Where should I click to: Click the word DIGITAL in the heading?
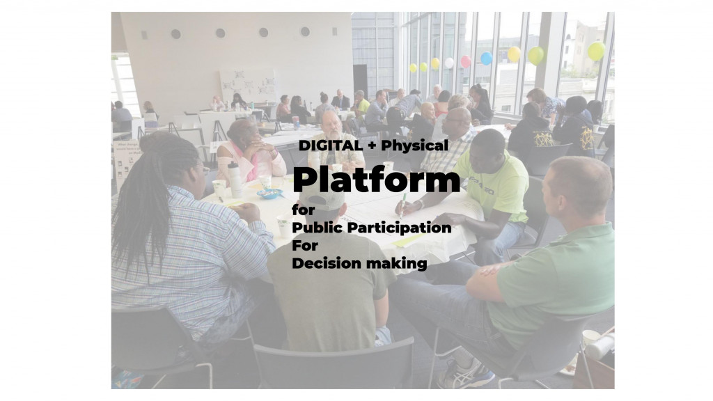[x=330, y=146]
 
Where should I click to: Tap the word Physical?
[x=414, y=146]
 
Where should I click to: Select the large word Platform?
[x=377, y=180]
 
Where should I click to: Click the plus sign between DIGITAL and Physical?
[x=372, y=146]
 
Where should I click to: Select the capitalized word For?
[x=305, y=246]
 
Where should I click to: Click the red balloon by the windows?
[x=466, y=61]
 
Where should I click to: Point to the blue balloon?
[x=487, y=58]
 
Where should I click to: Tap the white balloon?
[x=449, y=63]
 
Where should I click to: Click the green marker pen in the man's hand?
[x=403, y=205]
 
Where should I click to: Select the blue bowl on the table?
[x=269, y=194]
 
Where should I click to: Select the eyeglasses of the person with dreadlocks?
[x=204, y=169]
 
